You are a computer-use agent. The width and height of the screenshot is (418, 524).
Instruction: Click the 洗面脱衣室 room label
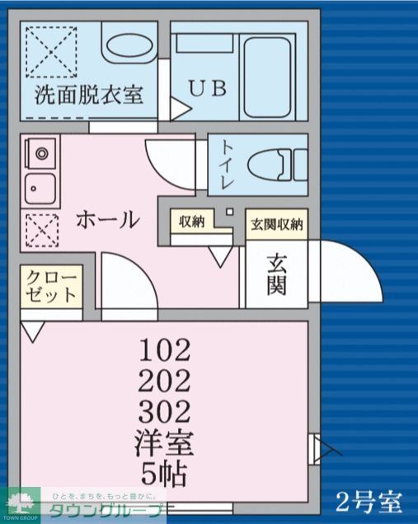point(89,94)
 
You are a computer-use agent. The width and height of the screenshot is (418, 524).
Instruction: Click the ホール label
point(106,219)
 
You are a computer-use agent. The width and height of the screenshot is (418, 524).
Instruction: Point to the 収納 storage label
point(191,222)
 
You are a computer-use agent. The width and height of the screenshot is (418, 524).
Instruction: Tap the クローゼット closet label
point(51,285)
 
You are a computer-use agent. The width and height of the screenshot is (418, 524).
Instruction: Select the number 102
point(166,350)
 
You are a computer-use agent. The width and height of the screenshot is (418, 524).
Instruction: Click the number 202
point(166,380)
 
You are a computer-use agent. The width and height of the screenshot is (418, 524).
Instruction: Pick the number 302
point(166,409)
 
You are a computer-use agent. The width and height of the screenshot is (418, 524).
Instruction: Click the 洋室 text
point(166,444)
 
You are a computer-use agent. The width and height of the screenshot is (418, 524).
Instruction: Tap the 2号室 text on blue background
point(369,500)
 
